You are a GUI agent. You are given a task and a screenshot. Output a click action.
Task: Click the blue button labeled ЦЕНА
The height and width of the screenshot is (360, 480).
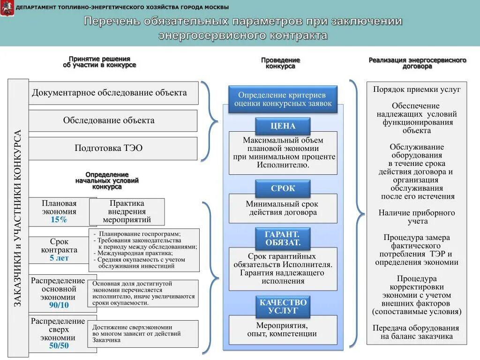283,126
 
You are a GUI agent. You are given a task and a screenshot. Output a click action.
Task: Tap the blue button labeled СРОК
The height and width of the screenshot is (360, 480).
283,188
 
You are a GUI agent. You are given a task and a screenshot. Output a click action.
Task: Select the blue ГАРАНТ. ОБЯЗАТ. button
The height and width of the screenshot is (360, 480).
283,238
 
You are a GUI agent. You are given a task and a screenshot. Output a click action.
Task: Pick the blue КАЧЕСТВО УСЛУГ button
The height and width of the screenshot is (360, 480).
283,306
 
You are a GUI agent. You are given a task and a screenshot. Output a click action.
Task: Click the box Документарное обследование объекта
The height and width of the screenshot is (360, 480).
113,93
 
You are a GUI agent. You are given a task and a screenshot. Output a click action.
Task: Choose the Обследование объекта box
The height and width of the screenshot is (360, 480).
112,120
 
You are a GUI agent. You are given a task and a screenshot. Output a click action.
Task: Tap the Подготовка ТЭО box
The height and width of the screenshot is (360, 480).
112,148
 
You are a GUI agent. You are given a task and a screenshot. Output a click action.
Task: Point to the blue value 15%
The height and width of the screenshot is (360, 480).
59,220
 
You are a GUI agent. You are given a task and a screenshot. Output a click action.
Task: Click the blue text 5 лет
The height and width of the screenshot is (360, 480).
59,258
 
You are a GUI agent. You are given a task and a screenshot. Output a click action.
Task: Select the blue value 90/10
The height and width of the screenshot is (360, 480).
59,305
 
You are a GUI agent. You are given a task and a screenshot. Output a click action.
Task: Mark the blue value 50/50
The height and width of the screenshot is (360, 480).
59,346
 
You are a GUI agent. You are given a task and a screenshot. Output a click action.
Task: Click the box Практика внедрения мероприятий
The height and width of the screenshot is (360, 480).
127,211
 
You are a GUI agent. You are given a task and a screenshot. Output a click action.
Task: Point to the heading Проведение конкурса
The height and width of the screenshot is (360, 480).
280,63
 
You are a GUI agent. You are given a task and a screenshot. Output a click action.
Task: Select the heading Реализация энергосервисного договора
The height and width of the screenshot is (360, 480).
417,63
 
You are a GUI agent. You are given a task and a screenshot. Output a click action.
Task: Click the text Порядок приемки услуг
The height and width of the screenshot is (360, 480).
417,89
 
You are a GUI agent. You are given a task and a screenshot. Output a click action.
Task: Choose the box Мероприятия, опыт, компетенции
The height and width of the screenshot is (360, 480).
283,330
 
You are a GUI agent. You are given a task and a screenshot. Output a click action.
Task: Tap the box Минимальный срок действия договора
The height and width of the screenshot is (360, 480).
283,208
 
